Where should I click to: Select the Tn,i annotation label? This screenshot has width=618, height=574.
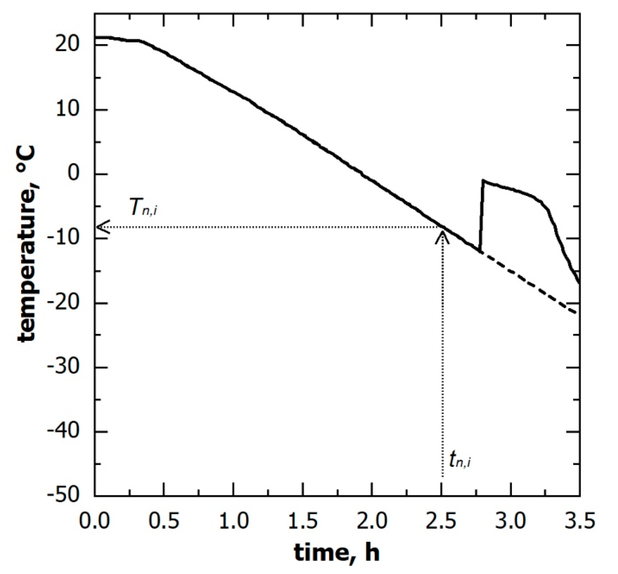pos(143,208)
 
